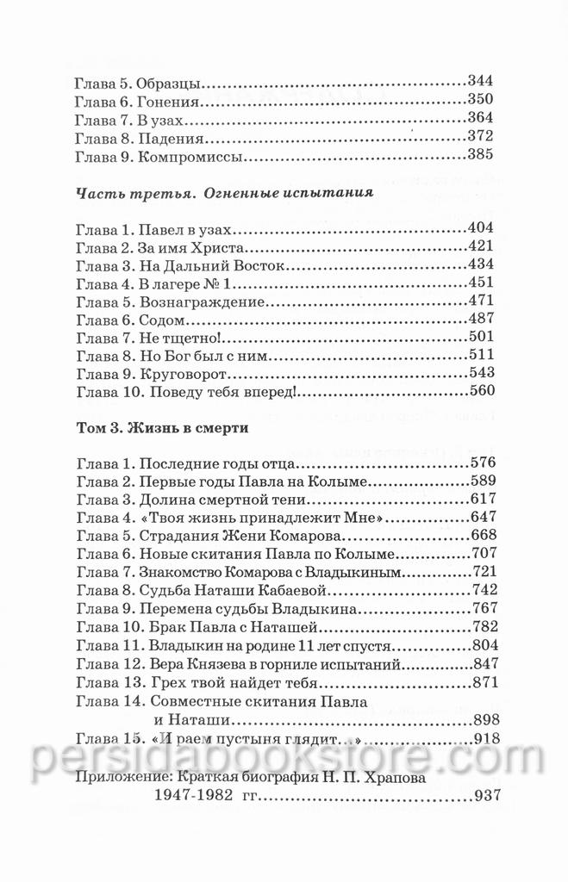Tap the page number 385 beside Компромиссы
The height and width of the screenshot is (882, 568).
coord(478,154)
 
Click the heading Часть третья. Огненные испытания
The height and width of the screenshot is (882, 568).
coord(224,193)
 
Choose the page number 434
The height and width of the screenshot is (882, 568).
coord(478,265)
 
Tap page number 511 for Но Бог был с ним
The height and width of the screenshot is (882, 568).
coord(478,356)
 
